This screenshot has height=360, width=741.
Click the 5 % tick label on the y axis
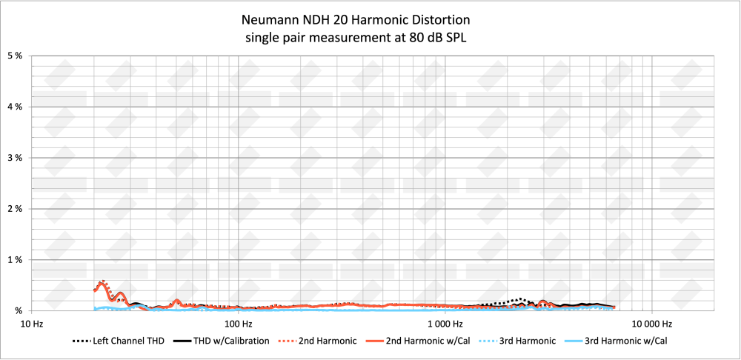[x=15, y=56]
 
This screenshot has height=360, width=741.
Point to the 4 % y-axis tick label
[x=15, y=107]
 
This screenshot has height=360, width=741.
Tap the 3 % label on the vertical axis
[x=15, y=159]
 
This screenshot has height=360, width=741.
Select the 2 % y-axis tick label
[x=15, y=210]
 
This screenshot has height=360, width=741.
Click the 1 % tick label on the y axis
[x=15, y=260]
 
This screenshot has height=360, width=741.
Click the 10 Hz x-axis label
[x=31, y=324]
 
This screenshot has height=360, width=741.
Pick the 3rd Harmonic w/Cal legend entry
[x=631, y=341]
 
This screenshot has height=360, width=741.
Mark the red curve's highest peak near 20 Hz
[x=102, y=282]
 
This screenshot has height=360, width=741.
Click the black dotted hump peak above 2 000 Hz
[x=522, y=299]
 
